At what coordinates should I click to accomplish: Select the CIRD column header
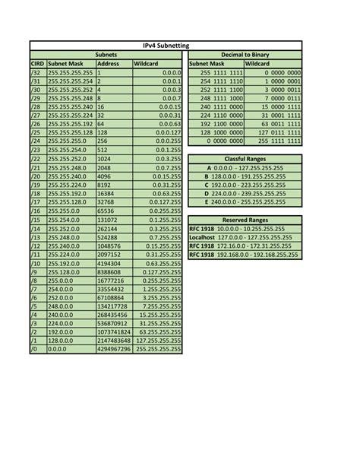coord(36,65)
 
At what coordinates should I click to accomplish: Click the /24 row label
coord(35,141)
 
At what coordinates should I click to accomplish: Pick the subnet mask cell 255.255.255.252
coord(70,90)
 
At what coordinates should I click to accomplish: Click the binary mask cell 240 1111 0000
coord(221,107)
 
